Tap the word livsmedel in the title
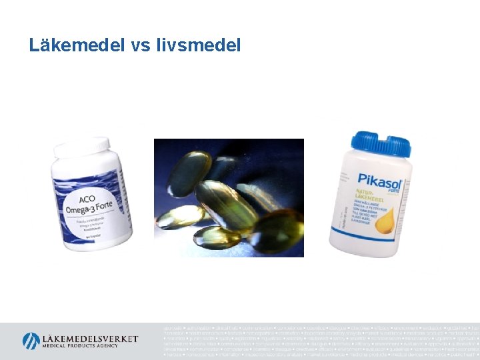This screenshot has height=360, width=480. (198, 45)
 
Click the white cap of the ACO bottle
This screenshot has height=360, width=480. (81, 147)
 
